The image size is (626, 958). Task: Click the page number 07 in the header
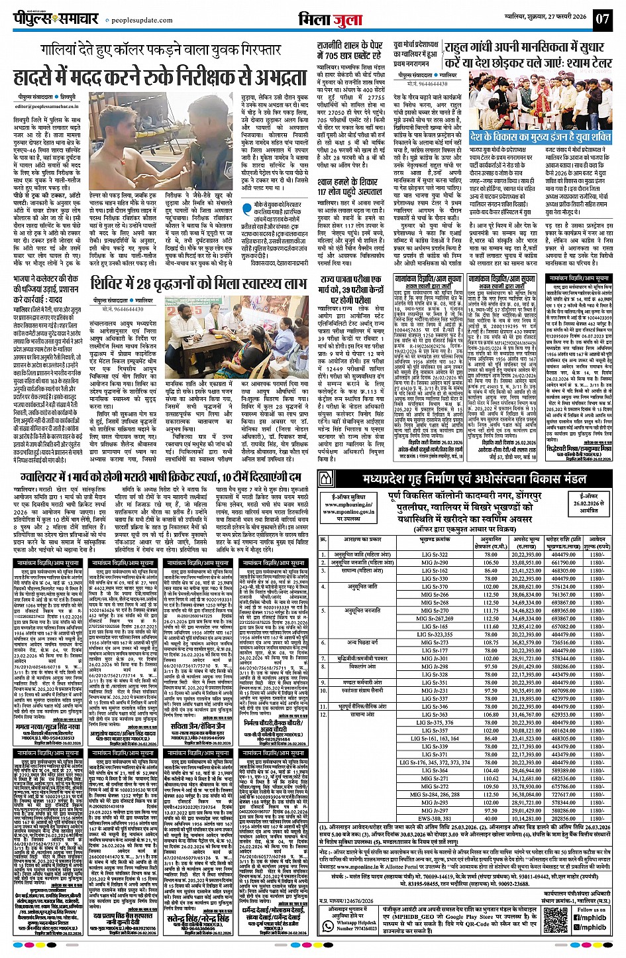tap(601, 18)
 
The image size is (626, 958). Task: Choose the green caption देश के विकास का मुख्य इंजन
tap(541, 137)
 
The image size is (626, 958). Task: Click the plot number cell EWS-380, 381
tap(435, 818)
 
